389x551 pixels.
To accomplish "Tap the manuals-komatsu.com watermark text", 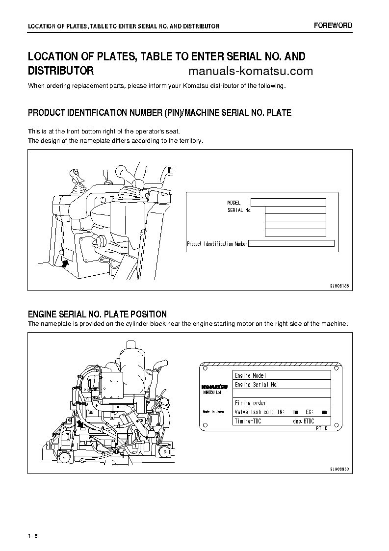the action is pos(250,71).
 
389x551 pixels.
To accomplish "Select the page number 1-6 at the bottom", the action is pos(33,535).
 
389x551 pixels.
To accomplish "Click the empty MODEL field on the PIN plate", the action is pos(288,202).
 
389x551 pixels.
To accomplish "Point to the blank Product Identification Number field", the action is pos(291,243).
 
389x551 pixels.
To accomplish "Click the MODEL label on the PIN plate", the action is pos(234,203).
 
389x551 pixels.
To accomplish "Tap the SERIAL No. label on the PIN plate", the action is pos(239,210).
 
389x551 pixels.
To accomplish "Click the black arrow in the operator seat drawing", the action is pos(65,263).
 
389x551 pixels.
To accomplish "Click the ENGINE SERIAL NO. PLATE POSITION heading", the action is pos(97,314).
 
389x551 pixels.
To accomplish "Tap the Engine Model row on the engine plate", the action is pos(282,375).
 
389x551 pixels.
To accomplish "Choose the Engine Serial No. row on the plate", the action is pos(282,385).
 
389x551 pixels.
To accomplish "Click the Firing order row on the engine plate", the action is pos(282,403).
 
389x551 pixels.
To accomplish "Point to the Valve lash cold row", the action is pos(282,412).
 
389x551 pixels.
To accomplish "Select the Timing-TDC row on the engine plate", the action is pos(282,421).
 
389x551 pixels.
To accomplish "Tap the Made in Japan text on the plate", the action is pos(213,412).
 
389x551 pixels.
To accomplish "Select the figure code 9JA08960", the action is pos(339,469).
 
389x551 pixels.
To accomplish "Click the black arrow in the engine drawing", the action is pos(80,424).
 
